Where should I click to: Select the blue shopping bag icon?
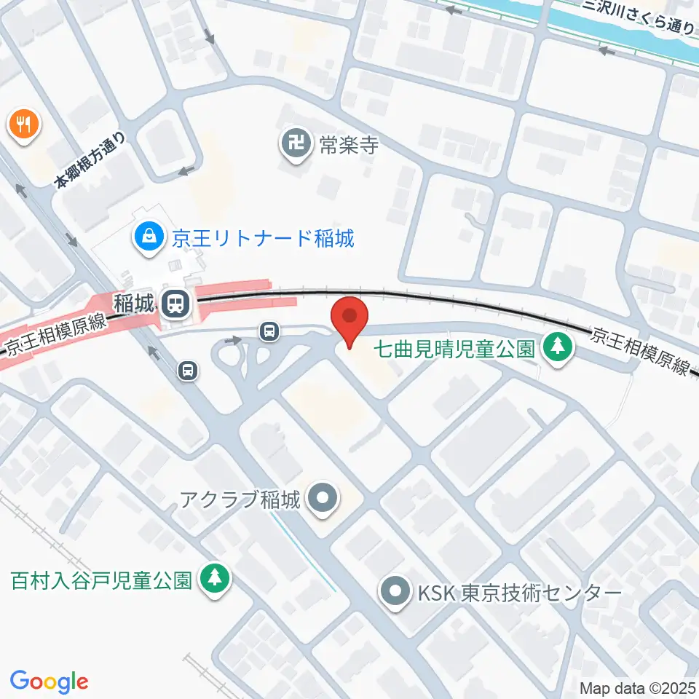pyautogui.click(x=149, y=237)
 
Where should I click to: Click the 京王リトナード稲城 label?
pyautogui.click(x=263, y=238)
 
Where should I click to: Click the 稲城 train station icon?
pyautogui.click(x=175, y=304)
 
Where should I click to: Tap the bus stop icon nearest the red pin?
pyautogui.click(x=270, y=331)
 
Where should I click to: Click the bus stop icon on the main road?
pyautogui.click(x=189, y=371)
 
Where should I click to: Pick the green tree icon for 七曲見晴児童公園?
pyautogui.click(x=558, y=347)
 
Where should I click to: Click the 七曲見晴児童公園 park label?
pyautogui.click(x=454, y=348)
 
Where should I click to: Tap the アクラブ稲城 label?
pyautogui.click(x=240, y=500)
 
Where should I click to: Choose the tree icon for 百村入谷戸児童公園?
pyautogui.click(x=214, y=579)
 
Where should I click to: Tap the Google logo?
pyautogui.click(x=50, y=682)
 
